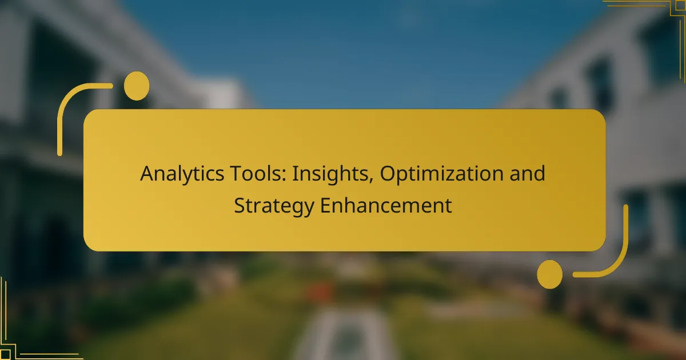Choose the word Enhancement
386,205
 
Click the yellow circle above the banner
137,86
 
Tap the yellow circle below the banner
549,274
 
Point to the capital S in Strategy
240,205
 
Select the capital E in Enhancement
325,205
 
